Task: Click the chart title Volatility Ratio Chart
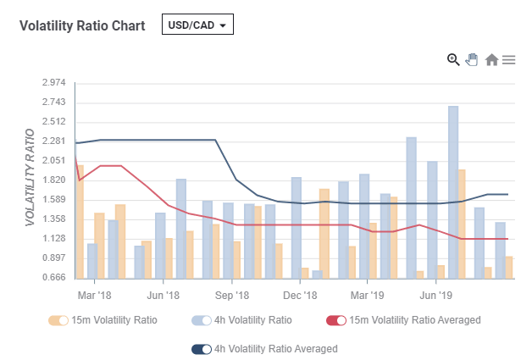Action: [81, 25]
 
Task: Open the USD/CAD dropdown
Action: [197, 25]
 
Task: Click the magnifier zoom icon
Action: [453, 59]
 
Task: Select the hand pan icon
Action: [472, 59]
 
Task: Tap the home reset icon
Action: [491, 59]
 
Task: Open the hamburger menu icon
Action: [508, 59]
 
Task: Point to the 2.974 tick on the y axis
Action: [54, 82]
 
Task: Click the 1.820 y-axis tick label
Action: [54, 180]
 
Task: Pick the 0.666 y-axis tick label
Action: [54, 278]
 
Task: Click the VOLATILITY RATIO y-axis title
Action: [30, 177]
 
